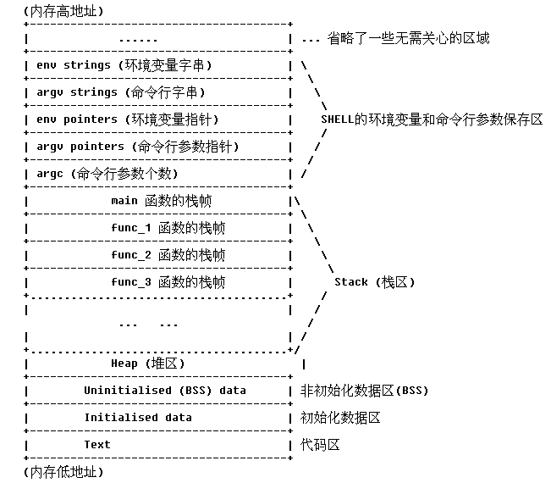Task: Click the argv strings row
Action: (121, 92)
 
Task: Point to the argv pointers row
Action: (138, 146)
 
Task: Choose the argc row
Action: (107, 173)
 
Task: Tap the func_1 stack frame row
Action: (168, 227)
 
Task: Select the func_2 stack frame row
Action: (168, 254)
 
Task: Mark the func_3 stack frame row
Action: (168, 281)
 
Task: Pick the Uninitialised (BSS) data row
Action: (165, 390)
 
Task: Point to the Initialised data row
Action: (138, 417)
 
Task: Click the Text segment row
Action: (97, 444)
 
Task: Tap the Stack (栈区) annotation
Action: (375, 281)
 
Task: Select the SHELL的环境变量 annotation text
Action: (432, 119)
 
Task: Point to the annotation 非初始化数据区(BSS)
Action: (365, 390)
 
